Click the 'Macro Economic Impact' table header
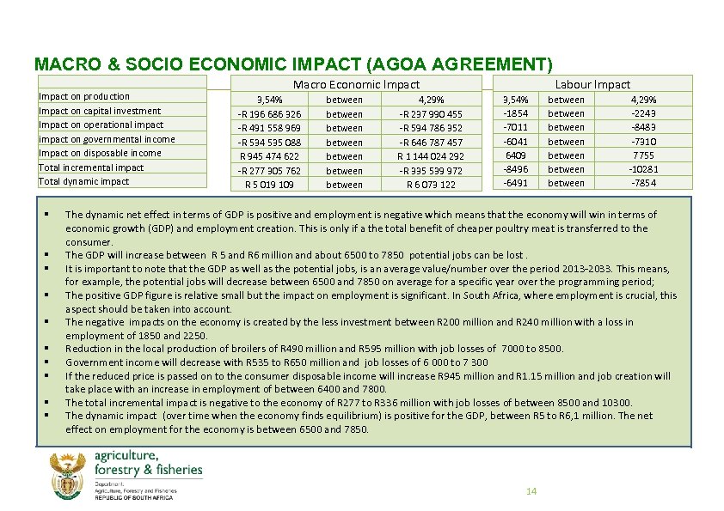click(356, 84)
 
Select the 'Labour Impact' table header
click(592, 84)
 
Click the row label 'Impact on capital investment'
click(100, 111)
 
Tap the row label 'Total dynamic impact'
click(84, 181)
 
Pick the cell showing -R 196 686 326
click(269, 114)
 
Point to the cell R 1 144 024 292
click(430, 156)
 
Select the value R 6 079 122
click(431, 185)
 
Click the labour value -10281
click(642, 169)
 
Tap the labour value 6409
click(515, 155)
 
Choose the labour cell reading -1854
click(515, 113)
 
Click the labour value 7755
click(643, 155)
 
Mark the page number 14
click(531, 491)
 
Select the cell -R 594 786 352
click(431, 128)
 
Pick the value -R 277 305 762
click(269, 170)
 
